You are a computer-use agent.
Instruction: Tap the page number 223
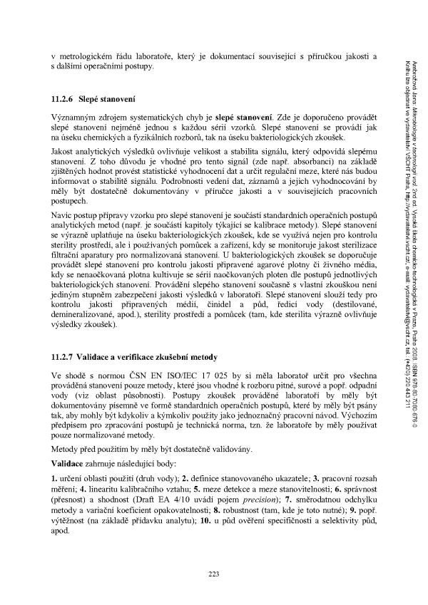[x=213, y=574]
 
